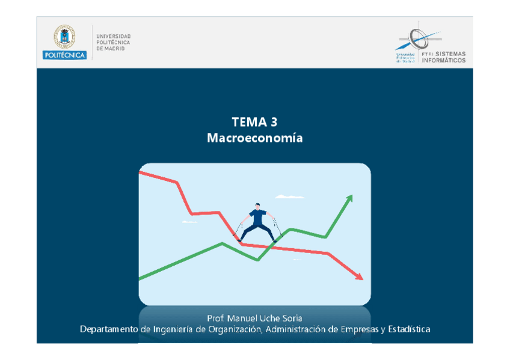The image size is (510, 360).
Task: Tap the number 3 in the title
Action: (x=274, y=123)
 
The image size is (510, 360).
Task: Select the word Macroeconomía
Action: (x=255, y=138)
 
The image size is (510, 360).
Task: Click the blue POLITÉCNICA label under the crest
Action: (x=64, y=55)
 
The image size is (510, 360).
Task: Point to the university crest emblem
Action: (x=64, y=37)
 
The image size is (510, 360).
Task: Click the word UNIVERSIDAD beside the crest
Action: (x=113, y=36)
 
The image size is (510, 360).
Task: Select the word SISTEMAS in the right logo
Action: (x=450, y=53)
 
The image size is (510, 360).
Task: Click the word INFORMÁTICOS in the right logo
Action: (x=444, y=60)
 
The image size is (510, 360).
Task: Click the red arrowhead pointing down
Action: (x=359, y=276)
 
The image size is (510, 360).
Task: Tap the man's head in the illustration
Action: (x=257, y=206)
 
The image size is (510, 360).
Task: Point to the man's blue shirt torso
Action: (x=258, y=216)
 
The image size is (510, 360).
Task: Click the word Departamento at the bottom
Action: (x=109, y=329)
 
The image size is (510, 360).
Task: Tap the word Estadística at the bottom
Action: (x=409, y=329)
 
